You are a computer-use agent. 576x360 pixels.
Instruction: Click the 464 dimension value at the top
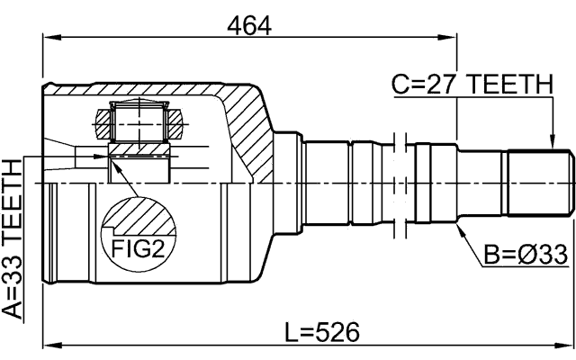[249, 26]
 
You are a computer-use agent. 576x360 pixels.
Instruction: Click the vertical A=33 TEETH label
[13, 238]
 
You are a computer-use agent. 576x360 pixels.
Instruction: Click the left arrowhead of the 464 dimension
[50, 38]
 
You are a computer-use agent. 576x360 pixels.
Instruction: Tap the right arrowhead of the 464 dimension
[449, 38]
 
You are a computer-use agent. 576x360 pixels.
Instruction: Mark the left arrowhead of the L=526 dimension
[50, 344]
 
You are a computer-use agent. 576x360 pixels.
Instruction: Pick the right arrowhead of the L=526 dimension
[566, 344]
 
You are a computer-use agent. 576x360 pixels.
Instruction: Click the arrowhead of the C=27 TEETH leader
[552, 143]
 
